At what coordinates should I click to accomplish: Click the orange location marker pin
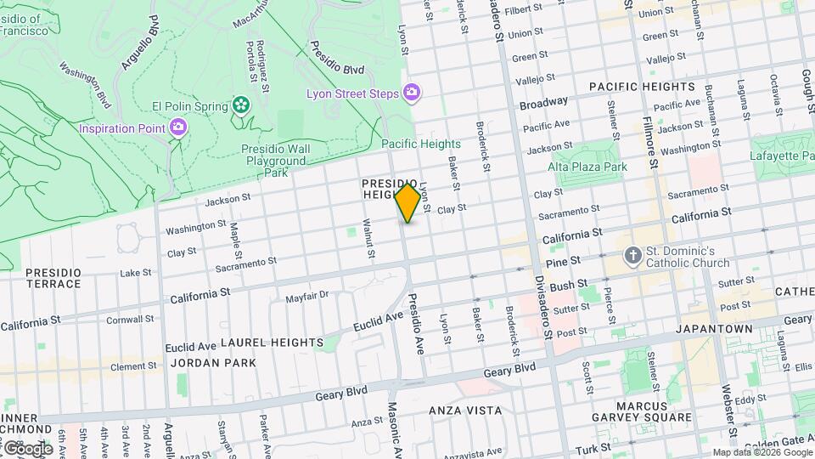(x=407, y=202)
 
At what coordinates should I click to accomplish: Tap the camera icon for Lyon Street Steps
(x=412, y=92)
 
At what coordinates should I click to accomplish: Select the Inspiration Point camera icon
(x=178, y=127)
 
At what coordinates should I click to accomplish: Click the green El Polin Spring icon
(x=242, y=105)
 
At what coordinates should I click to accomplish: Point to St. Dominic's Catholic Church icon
(x=632, y=255)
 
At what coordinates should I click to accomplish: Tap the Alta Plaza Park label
(x=587, y=167)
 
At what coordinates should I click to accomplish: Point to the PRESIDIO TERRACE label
(x=53, y=277)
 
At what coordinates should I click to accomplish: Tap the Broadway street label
(x=543, y=103)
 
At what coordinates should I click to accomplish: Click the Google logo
(x=27, y=448)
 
